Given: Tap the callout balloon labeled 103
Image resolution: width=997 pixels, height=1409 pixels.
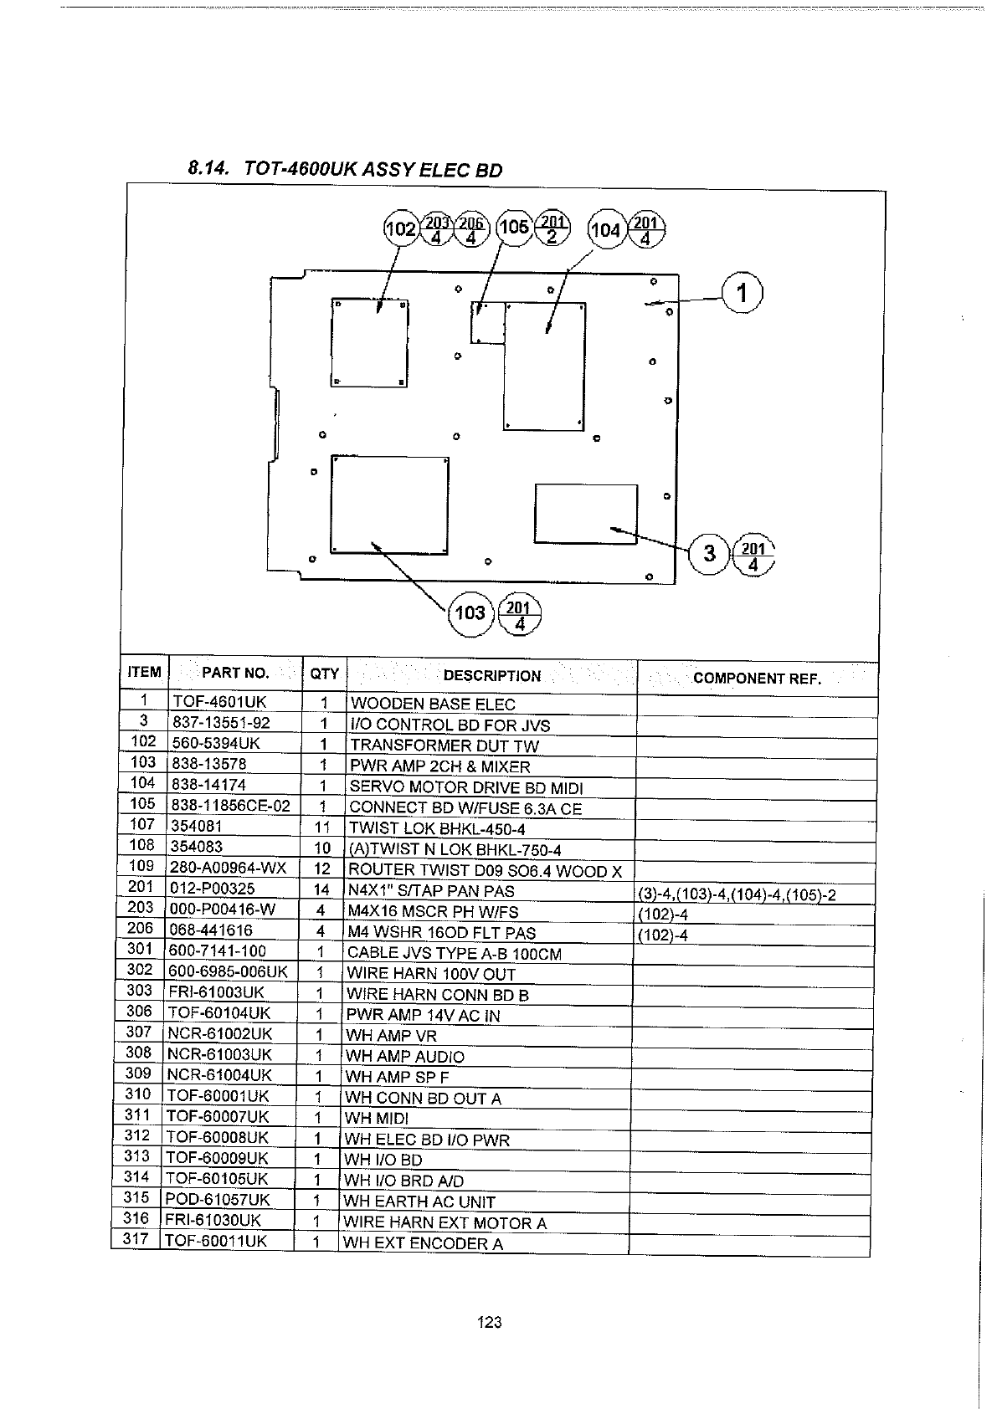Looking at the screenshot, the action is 469,613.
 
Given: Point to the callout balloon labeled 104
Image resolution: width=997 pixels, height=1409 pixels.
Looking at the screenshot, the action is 605,230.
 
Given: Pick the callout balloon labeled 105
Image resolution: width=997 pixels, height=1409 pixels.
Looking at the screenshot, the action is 513,228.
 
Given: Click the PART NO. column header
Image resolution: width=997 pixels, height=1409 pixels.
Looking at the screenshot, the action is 235,674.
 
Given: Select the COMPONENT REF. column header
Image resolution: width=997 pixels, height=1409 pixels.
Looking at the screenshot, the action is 757,679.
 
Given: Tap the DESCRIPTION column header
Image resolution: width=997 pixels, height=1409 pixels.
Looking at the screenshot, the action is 491,676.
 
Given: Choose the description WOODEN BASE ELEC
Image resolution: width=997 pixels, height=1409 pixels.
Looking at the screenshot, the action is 432,704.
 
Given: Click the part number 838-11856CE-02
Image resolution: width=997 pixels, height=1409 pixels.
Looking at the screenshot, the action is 231,805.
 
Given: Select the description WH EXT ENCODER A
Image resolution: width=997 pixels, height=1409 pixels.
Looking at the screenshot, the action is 423,1242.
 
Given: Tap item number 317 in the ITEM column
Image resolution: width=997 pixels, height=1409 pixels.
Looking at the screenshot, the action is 136,1238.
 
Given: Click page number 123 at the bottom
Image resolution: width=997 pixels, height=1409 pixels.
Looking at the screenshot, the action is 490,1323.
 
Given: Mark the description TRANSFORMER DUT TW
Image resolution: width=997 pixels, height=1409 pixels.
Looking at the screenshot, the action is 444,745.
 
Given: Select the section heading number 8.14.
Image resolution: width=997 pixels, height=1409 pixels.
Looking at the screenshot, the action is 208,168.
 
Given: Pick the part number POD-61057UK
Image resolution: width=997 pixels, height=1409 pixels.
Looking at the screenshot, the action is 218,1200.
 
